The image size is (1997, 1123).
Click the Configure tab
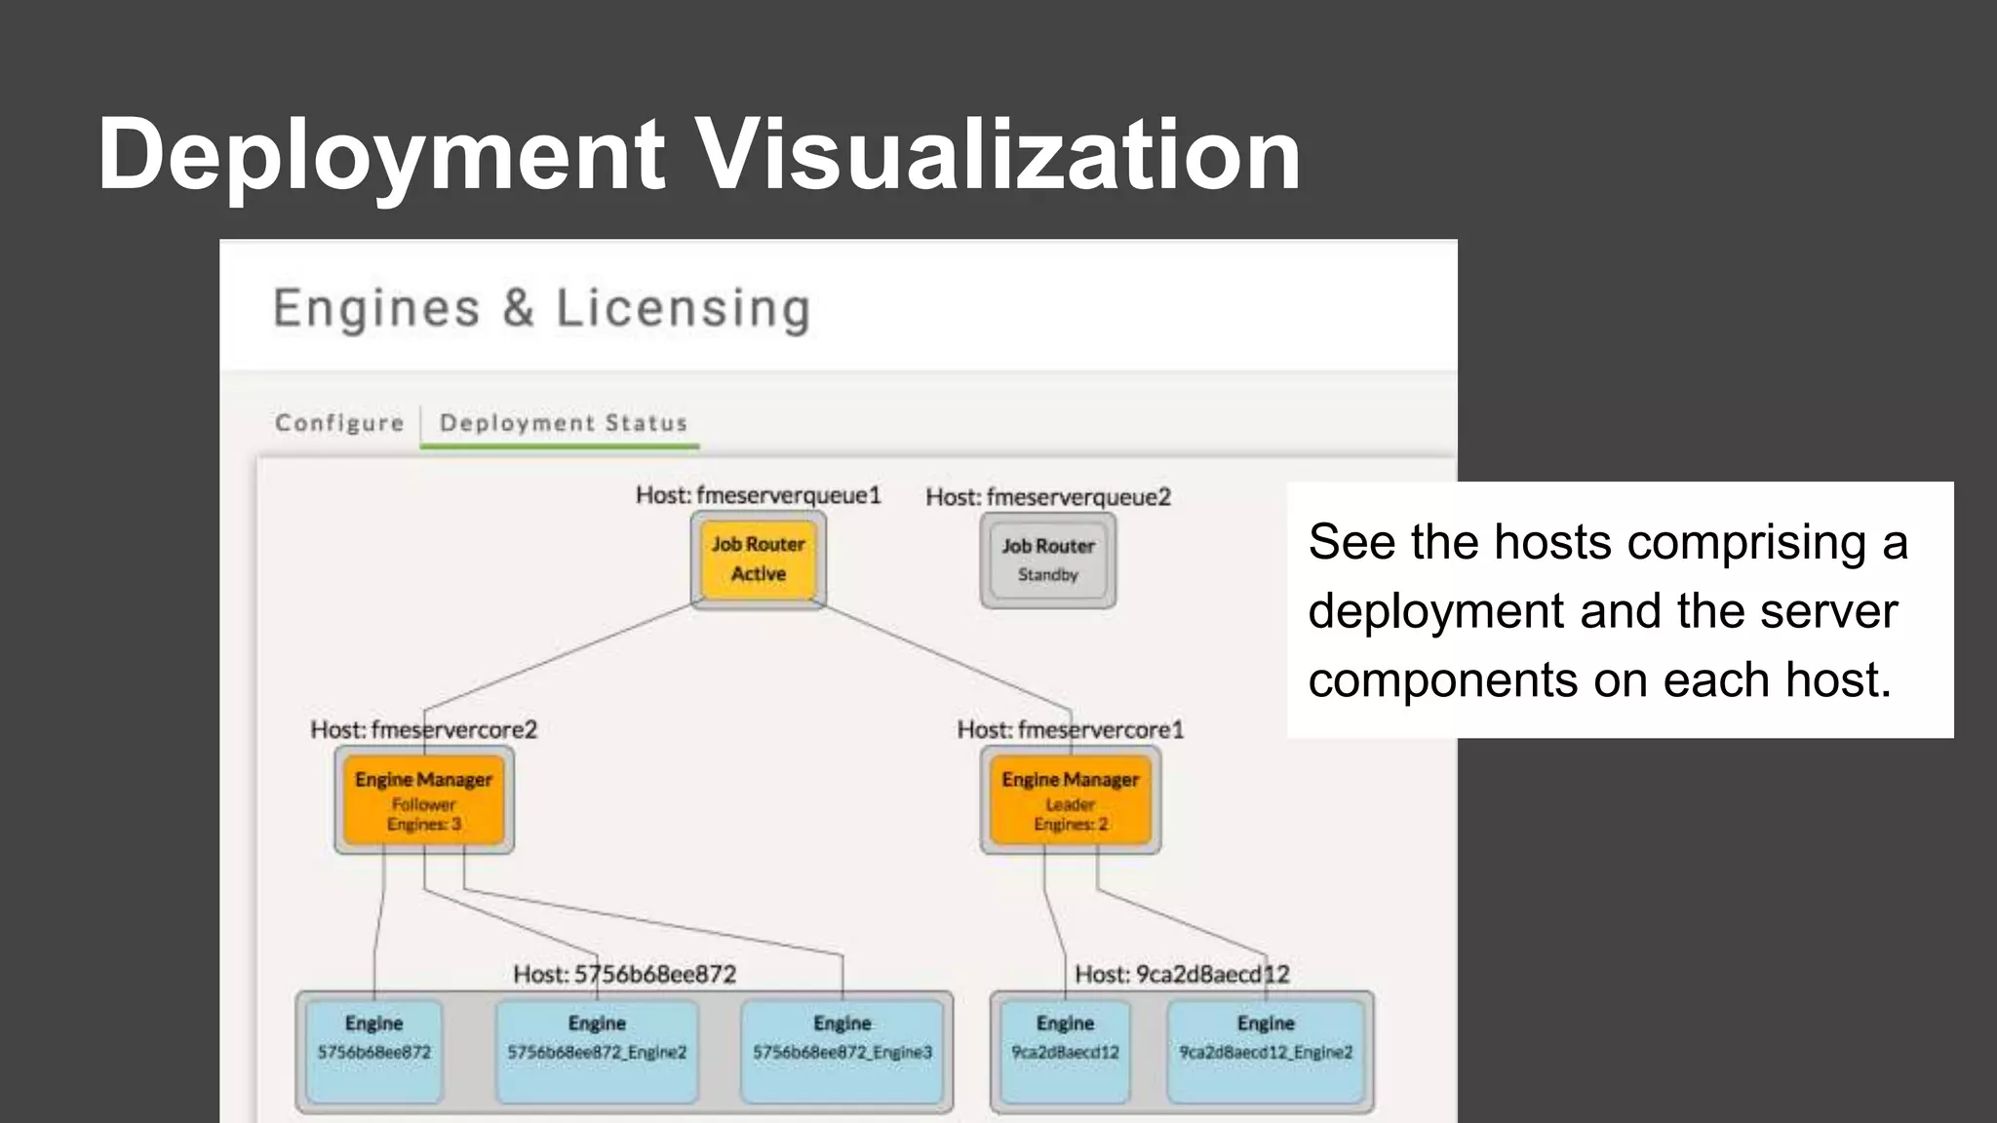point(339,423)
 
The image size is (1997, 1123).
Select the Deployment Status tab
point(563,423)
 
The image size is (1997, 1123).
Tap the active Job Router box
point(758,560)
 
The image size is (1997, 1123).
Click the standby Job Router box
point(1048,561)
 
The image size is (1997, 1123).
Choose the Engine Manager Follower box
point(423,800)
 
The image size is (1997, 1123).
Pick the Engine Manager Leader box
point(1070,800)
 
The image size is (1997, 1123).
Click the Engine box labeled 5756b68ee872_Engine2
point(597,1050)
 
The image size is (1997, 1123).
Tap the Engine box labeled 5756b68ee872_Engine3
point(842,1050)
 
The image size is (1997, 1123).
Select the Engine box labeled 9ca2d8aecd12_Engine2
point(1266,1050)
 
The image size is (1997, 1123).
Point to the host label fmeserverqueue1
point(758,495)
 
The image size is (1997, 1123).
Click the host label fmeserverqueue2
point(1048,497)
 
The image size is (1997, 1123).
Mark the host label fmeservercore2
point(423,729)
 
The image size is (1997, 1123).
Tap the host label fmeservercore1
point(1070,729)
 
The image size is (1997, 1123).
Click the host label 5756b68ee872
point(624,974)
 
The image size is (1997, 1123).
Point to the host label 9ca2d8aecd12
point(1182,974)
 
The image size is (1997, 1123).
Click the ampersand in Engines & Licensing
point(518,309)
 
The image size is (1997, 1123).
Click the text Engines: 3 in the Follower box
point(423,825)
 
